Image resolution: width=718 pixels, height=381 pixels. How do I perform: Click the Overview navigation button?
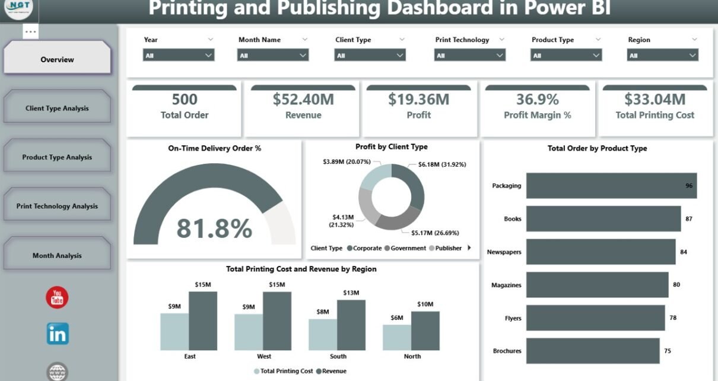pyautogui.click(x=58, y=59)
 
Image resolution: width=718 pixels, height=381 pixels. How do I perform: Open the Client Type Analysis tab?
pyautogui.click(x=57, y=108)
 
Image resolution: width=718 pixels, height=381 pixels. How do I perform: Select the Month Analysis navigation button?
pyautogui.click(x=57, y=255)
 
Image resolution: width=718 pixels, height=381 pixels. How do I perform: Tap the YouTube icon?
pyautogui.click(x=58, y=297)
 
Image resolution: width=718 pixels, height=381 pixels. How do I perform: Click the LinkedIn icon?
pyautogui.click(x=58, y=334)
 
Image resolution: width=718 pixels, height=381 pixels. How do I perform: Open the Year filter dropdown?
pyautogui.click(x=179, y=55)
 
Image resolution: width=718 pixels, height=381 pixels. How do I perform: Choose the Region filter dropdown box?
pyautogui.click(x=662, y=55)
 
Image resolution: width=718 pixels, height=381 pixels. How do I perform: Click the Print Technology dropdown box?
pyautogui.click(x=470, y=55)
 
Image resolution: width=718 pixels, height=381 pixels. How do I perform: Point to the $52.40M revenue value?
pyautogui.click(x=303, y=99)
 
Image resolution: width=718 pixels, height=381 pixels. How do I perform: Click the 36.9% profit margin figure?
pyautogui.click(x=537, y=99)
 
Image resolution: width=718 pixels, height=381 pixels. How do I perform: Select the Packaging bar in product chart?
pyautogui.click(x=611, y=186)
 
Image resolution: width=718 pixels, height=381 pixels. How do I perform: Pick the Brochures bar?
pyautogui.click(x=592, y=351)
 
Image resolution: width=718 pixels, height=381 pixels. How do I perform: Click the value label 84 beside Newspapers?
pyautogui.click(x=684, y=252)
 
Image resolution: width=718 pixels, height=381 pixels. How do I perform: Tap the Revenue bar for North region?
pyautogui.click(x=425, y=331)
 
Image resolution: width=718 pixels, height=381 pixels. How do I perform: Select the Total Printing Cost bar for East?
pyautogui.click(x=174, y=332)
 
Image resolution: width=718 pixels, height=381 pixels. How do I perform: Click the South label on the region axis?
pyautogui.click(x=338, y=357)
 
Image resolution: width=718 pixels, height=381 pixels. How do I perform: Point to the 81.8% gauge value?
pyautogui.click(x=214, y=228)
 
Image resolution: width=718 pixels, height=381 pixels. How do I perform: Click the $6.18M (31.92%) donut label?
pyautogui.click(x=442, y=164)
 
